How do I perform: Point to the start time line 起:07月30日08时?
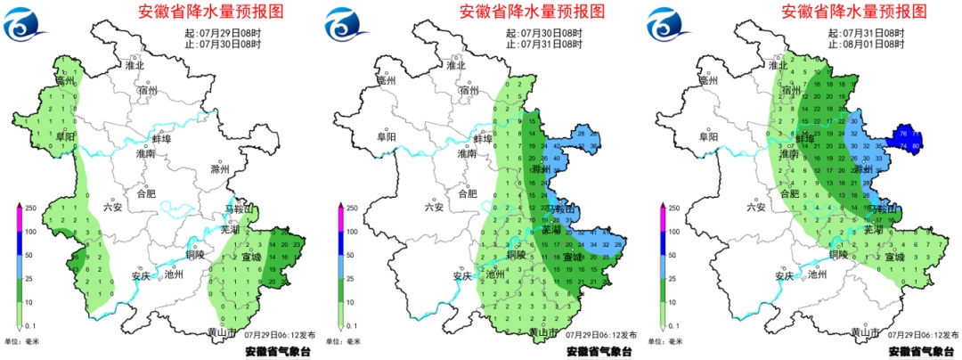[544, 33]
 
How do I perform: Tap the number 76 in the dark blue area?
[903, 133]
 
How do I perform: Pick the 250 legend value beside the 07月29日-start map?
[30, 208]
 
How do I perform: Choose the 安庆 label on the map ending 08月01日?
[783, 275]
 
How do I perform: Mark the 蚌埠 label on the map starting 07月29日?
[159, 140]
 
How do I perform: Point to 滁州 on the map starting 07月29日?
[219, 169]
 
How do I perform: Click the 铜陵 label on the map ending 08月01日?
[837, 255]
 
